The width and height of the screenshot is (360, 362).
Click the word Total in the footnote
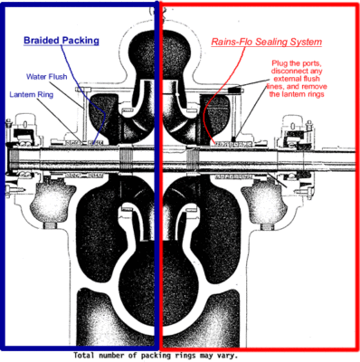[x=87, y=356]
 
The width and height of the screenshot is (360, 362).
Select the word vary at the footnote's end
[x=230, y=356]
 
